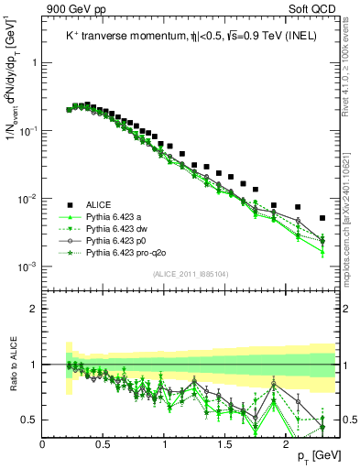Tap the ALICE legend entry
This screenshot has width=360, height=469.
100,204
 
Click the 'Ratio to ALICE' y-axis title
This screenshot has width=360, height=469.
12,364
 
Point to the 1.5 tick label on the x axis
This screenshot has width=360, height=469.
225,442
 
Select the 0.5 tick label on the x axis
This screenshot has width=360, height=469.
104,442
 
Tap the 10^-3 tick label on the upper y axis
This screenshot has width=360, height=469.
27,267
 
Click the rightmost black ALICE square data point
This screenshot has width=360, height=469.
322,218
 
